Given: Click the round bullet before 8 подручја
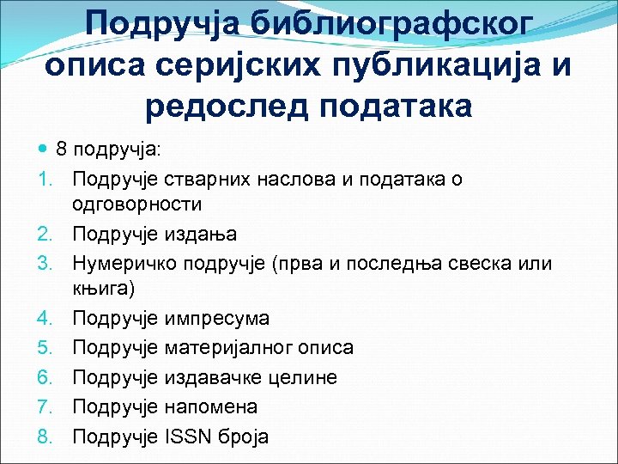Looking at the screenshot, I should point(44,149).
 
